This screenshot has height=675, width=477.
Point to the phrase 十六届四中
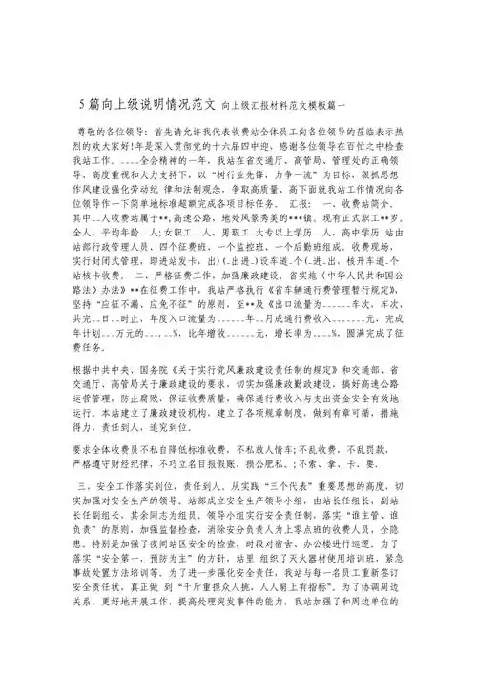pyautogui.click(x=273, y=146)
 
